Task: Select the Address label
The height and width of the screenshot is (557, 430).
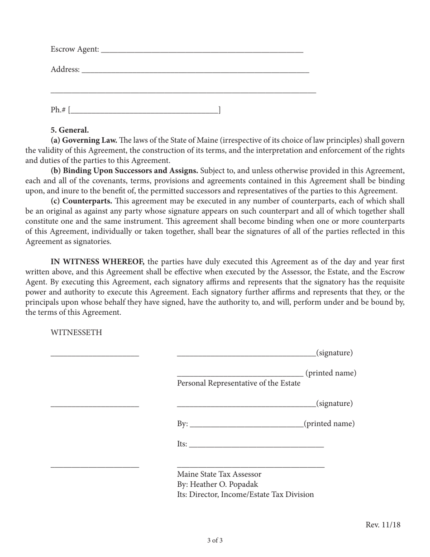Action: pyautogui.click(x=65, y=69)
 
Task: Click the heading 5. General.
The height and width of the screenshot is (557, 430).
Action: pyautogui.click(x=70, y=130)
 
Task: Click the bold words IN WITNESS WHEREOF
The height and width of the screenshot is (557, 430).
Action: pyautogui.click(x=97, y=262)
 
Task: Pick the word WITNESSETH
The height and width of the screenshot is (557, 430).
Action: pyautogui.click(x=76, y=333)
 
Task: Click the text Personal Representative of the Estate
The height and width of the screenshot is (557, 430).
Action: pyautogui.click(x=239, y=384)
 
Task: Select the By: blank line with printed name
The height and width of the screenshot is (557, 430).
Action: pyautogui.click(x=247, y=425)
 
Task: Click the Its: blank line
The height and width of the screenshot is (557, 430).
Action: pyautogui.click(x=256, y=445)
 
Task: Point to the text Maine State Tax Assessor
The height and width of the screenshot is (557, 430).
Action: pyautogui.click(x=219, y=474)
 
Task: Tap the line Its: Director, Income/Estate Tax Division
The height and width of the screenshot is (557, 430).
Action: pyautogui.click(x=245, y=495)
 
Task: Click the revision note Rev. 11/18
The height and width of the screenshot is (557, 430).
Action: pyautogui.click(x=383, y=525)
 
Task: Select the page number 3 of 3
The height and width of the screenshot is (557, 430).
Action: pyautogui.click(x=215, y=540)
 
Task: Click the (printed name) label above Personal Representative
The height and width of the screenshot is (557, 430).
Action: pyautogui.click(x=331, y=373)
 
